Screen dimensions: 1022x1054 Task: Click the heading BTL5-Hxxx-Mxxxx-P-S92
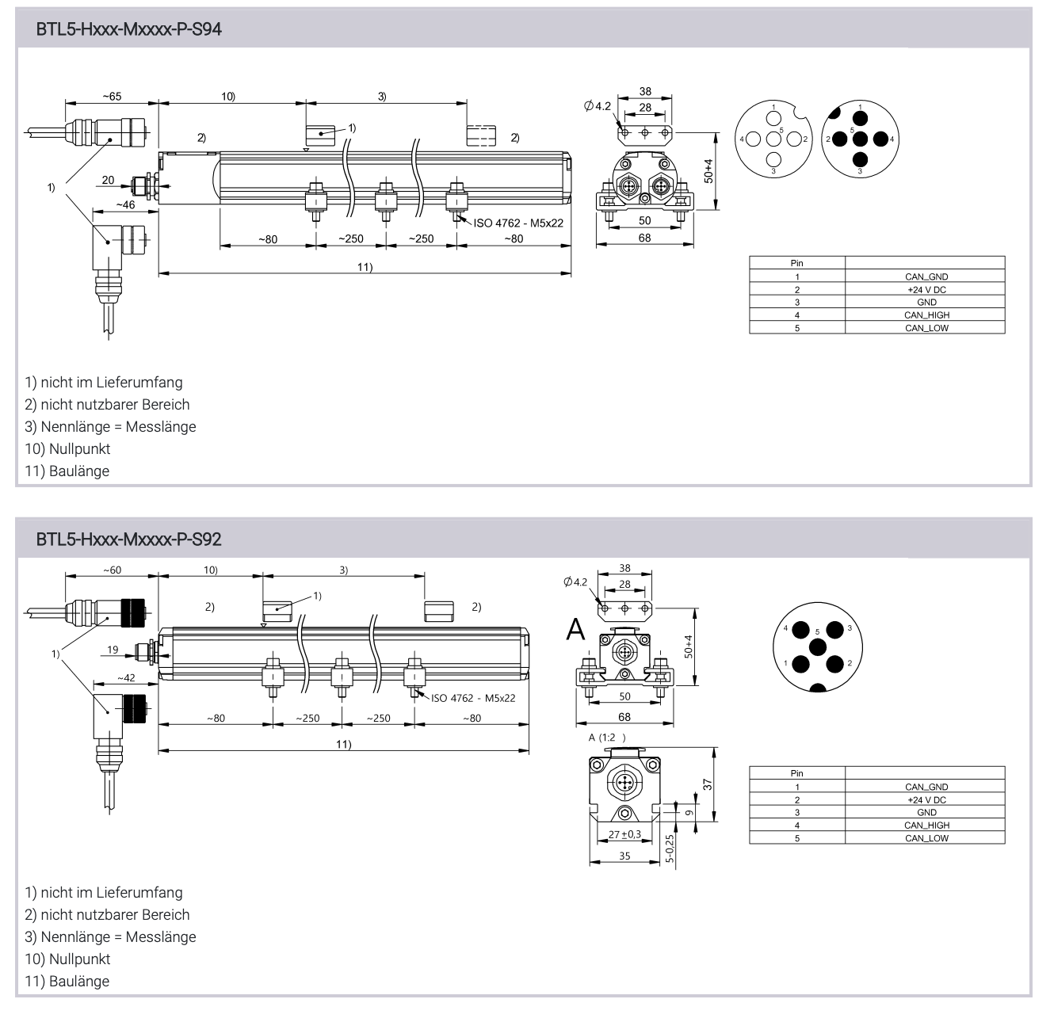click(129, 540)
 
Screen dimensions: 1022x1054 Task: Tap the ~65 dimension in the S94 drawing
click(112, 97)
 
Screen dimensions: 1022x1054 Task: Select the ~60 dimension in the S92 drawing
click(112, 570)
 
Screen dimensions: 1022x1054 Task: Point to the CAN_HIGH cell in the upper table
click(926, 315)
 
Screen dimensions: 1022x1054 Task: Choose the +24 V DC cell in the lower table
click(926, 799)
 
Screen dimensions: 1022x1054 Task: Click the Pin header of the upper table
click(796, 263)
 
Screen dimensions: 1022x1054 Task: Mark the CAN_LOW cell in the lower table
click(926, 837)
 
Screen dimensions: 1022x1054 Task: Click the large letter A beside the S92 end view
click(576, 630)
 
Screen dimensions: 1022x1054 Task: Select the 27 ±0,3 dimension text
click(624, 833)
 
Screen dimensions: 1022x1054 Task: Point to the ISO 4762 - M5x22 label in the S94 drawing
click(518, 223)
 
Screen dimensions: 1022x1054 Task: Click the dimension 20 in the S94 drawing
click(108, 180)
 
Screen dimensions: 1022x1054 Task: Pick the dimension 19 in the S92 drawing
click(113, 650)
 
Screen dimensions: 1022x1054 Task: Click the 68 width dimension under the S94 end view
click(644, 238)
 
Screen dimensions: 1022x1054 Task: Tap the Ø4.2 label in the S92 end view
click(576, 582)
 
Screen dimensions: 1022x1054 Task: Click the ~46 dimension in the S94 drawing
click(124, 204)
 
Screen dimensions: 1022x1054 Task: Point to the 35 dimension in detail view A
click(624, 856)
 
